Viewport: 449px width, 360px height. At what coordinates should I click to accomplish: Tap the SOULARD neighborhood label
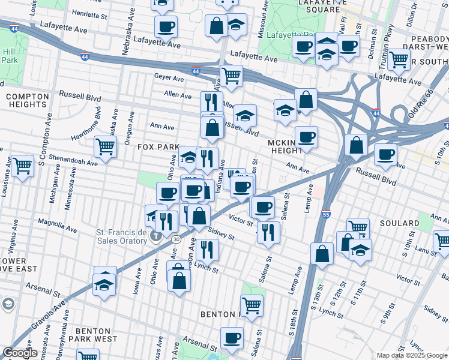pyautogui.click(x=399, y=223)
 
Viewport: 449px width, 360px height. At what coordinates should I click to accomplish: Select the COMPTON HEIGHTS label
pyautogui.click(x=27, y=100)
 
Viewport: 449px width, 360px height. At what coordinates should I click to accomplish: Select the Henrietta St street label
pyautogui.click(x=93, y=12)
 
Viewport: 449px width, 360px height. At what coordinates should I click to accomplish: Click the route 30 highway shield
pyautogui.click(x=176, y=239)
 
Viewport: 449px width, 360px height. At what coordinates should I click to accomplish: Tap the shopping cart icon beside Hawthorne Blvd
pyautogui.click(x=105, y=147)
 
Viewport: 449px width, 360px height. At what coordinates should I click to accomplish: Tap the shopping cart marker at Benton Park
pyautogui.click(x=252, y=305)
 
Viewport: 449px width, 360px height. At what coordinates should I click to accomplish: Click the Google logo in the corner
pyautogui.click(x=20, y=353)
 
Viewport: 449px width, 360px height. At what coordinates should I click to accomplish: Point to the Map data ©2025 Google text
pyautogui.click(x=412, y=355)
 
